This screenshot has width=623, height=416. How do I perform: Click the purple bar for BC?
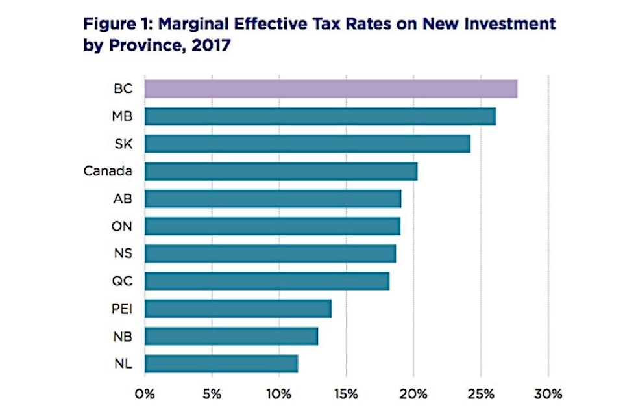330,88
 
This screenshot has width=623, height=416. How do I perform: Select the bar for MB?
320,116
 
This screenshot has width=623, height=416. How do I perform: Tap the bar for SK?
307,144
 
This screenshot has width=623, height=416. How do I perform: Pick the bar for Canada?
280,171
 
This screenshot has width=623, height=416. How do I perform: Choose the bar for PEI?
238,309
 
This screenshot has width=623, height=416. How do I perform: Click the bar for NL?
221,363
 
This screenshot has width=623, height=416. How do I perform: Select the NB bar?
231,336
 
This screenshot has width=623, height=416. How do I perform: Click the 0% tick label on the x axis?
145,393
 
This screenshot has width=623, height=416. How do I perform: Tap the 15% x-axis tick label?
347,393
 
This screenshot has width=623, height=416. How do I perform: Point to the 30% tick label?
548,393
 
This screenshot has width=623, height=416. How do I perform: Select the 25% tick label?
481,393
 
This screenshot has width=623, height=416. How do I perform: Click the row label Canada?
108,171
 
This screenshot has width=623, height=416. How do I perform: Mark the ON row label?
122,226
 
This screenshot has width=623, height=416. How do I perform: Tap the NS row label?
122,253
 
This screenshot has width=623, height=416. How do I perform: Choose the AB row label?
122,199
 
